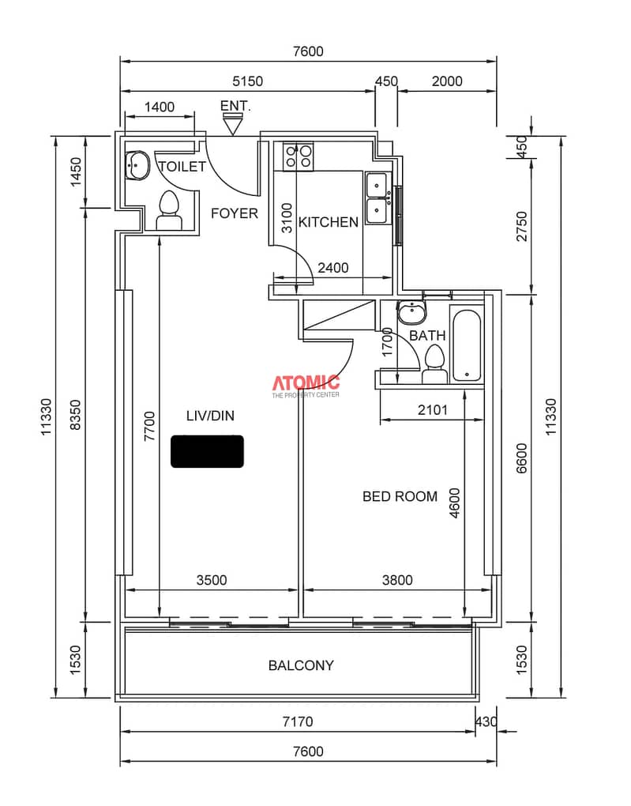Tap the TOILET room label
pos(182,167)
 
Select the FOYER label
pos(235,213)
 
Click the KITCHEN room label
pos(329,222)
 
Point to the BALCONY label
pos(301,665)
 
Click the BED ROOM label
pos(400,496)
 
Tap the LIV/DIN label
pos(210,416)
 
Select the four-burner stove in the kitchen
pos(299,156)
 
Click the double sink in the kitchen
pos(377,198)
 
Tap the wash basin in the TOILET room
pos(137,165)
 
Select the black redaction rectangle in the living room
pos(207,451)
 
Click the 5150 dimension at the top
pos(247,81)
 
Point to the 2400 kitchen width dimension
pos(333,268)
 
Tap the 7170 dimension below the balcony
pos(298,721)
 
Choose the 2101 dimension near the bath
pos(433,409)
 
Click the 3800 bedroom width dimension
pos(397,580)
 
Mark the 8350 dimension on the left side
pos(75,415)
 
